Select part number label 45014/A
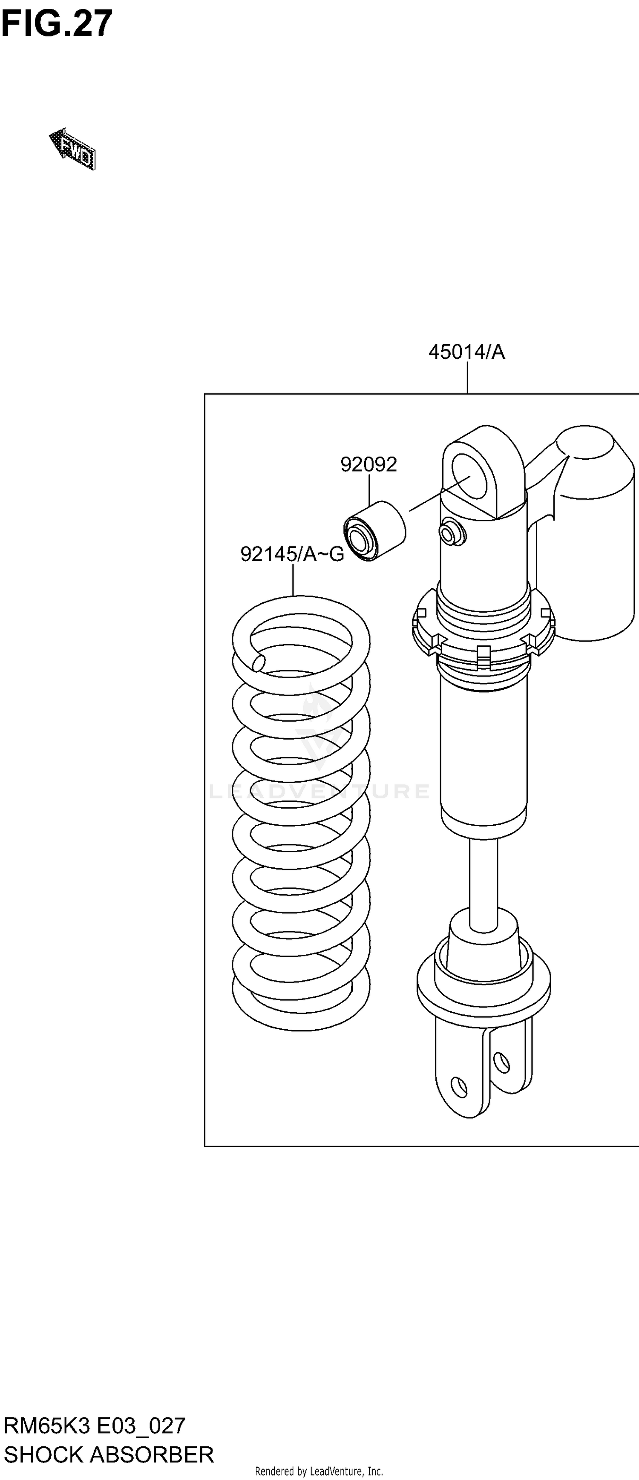[466, 351]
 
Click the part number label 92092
[368, 464]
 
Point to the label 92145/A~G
[292, 554]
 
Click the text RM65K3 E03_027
[95, 1426]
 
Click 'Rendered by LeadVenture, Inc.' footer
[319, 1471]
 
